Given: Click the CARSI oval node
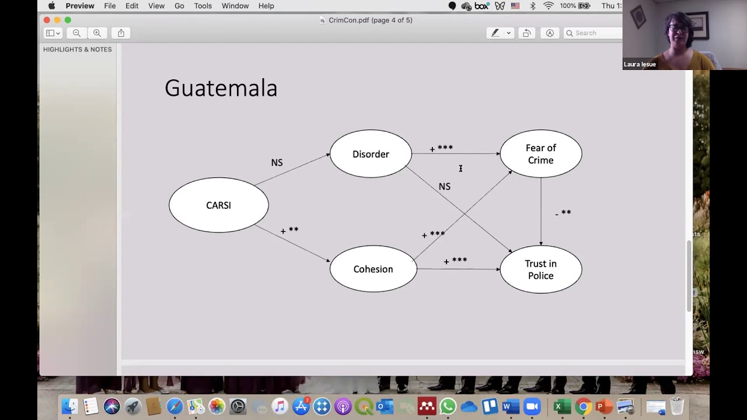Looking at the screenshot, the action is (219, 205).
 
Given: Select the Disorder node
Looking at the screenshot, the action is (371, 153).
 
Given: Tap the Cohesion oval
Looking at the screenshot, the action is (373, 269).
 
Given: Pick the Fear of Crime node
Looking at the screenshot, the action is (541, 153).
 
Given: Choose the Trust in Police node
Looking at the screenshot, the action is (541, 269).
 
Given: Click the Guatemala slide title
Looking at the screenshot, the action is (221, 88).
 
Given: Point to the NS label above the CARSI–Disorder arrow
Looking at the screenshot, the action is (277, 162).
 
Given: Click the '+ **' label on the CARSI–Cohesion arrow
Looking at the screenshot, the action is (289, 230).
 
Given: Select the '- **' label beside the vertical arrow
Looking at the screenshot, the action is (563, 213).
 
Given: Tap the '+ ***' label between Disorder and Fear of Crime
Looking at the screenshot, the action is (441, 148).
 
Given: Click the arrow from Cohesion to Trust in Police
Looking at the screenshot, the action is (459, 269).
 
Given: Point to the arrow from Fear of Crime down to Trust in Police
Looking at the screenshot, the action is (541, 212).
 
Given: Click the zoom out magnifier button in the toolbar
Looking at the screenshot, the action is (76, 33).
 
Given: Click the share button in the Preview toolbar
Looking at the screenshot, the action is (121, 33).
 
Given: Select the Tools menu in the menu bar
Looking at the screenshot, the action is (203, 6).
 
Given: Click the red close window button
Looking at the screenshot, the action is (47, 20).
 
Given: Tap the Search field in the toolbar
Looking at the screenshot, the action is (593, 33).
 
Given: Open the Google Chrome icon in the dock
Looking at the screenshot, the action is (583, 407).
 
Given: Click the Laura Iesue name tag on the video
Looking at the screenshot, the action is (640, 64).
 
